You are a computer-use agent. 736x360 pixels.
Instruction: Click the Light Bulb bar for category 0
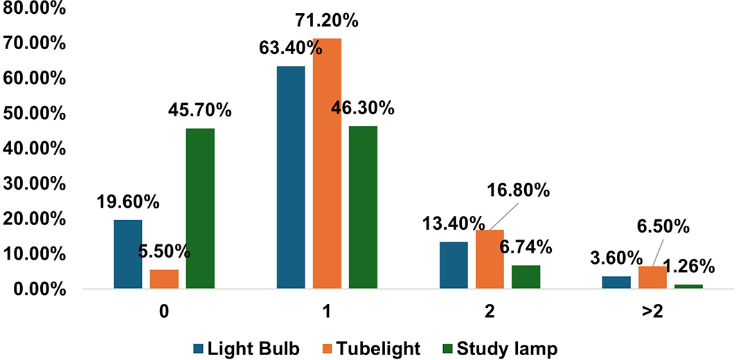[x=128, y=254]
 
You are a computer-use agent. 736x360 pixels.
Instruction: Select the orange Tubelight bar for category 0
[x=164, y=278]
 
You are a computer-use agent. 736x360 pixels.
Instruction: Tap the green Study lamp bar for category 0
[x=200, y=208]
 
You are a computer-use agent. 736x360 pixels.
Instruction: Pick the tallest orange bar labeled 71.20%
[x=327, y=163]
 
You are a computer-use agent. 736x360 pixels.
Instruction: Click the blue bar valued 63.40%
[x=291, y=177]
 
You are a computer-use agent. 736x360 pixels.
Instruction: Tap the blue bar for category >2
[x=616, y=282]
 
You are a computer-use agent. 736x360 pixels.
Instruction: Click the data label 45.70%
[x=200, y=110]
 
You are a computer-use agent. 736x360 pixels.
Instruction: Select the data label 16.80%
[x=524, y=189]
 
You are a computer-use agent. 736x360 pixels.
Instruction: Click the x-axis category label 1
[x=326, y=311]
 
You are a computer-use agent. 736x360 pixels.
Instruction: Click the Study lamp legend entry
[x=506, y=349]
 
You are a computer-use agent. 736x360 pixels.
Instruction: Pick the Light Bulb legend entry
[x=246, y=349]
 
